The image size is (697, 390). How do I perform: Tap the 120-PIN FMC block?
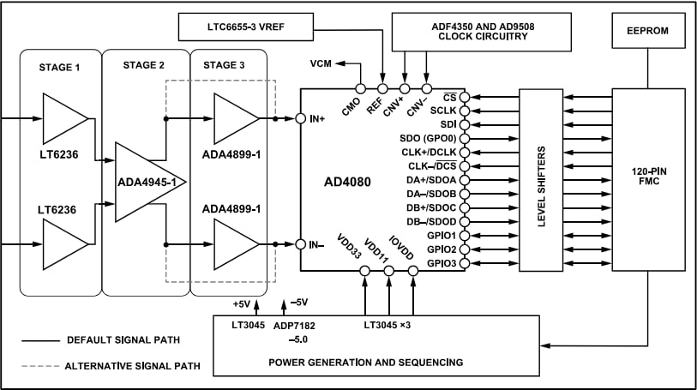pyautogui.click(x=649, y=179)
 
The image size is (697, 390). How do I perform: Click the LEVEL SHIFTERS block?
pyautogui.click(x=541, y=179)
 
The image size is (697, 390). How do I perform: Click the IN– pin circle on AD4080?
pyautogui.click(x=301, y=244)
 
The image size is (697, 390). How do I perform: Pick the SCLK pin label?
pyautogui.click(x=443, y=111)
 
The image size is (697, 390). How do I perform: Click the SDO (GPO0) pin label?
pyautogui.click(x=429, y=138)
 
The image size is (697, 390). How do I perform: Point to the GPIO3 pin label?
pyautogui.click(x=441, y=262)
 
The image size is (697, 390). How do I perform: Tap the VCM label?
pyautogui.click(x=320, y=63)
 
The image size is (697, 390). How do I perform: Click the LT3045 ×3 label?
pyautogui.click(x=388, y=326)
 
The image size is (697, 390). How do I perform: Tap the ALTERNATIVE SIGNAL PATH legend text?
pyautogui.click(x=132, y=366)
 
